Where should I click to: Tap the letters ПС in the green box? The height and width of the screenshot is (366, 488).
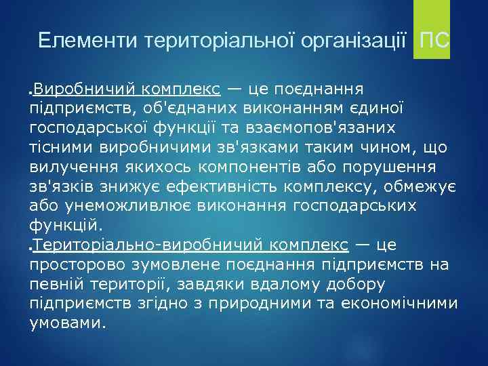coord(434,41)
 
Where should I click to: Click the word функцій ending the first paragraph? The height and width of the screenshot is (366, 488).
coord(64,224)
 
